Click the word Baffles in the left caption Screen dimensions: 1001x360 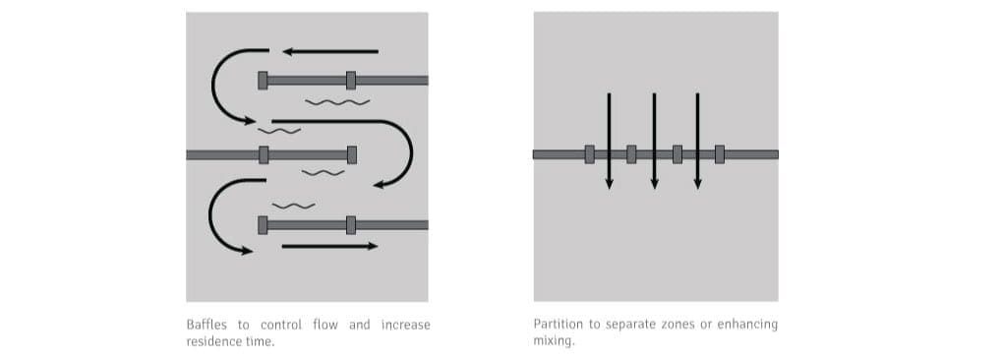[x=206, y=325]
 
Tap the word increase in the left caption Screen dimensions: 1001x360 [x=405, y=325]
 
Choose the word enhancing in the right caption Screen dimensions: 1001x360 [x=747, y=325]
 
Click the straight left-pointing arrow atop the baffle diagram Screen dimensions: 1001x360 [x=330, y=51]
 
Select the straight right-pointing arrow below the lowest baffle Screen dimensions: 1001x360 [x=329, y=246]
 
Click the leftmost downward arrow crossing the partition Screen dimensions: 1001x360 [x=609, y=141]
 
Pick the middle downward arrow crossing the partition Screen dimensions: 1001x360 [x=654, y=141]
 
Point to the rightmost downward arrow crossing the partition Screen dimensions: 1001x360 [x=698, y=141]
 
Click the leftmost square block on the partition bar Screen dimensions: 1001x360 [x=589, y=154]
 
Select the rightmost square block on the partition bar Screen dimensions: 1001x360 [x=720, y=154]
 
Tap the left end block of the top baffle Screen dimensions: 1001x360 [x=263, y=81]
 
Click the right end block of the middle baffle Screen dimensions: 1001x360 [x=352, y=155]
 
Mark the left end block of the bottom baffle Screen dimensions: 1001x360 [x=263, y=225]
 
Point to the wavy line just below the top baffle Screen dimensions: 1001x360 [x=337, y=102]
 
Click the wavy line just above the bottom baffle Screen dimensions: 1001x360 [x=294, y=206]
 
